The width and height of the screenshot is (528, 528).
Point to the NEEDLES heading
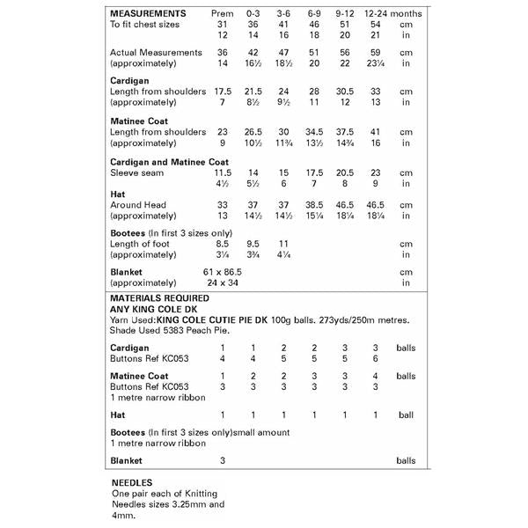point(134,483)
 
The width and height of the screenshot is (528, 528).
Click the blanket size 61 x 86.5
point(222,273)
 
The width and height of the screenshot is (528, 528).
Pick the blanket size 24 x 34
point(222,284)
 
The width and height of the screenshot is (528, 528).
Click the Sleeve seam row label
point(137,174)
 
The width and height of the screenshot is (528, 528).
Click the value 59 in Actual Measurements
point(376,53)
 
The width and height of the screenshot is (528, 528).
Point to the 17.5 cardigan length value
point(223,92)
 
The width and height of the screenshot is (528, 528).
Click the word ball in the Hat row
point(405,414)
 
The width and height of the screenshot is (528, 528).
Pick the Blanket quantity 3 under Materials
point(223,460)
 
